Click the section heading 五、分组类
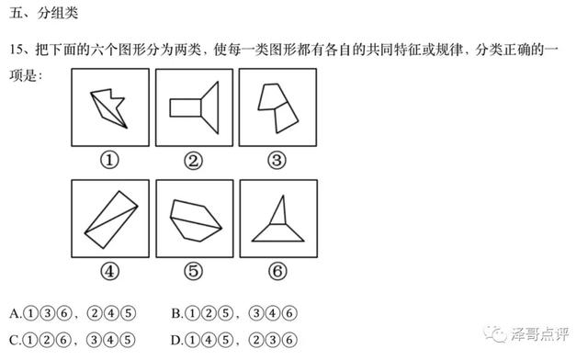pos(43,13)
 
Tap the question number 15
pos(17,50)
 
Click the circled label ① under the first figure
pos(109,160)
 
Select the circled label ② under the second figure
pos(194,161)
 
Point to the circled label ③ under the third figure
pos(277,160)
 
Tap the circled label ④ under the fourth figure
pos(109,271)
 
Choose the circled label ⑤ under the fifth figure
pos(194,271)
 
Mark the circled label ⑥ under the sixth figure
pos(277,271)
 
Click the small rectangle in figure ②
pos(186,108)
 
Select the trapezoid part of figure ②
pos(210,107)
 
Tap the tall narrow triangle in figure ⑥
pos(278,210)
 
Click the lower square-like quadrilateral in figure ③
pos(287,117)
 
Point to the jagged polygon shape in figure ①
pos(109,107)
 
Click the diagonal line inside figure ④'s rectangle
pos(111,219)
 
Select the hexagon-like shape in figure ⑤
pos(196,220)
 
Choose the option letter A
pos(15,313)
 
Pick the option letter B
pos(175,313)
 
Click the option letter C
pos(15,341)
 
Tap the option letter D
pos(175,341)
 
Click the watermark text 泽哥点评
pos(539,333)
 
